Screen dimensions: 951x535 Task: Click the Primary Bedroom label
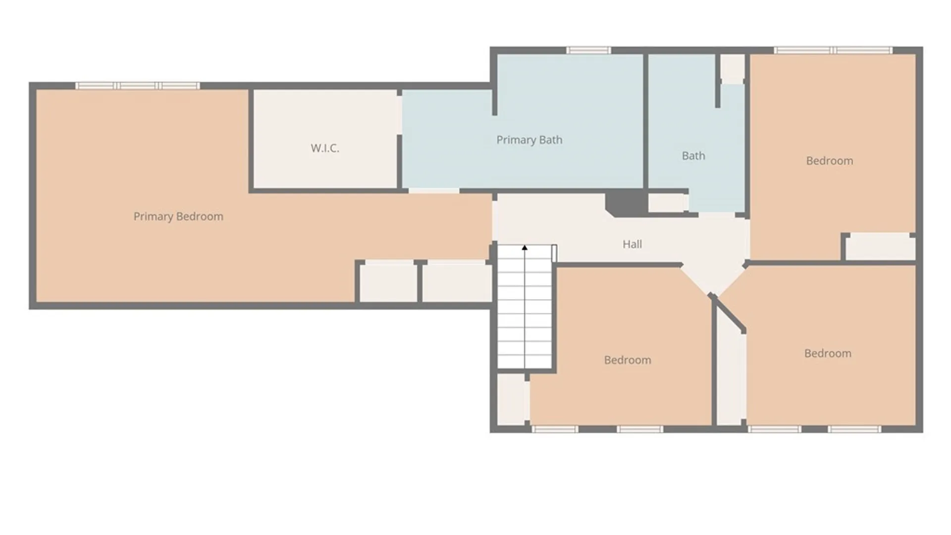tap(178, 216)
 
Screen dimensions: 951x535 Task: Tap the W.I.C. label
tap(325, 148)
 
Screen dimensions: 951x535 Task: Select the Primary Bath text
tap(529, 140)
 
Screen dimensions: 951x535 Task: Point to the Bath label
tap(693, 156)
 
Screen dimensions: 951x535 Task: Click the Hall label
tap(632, 244)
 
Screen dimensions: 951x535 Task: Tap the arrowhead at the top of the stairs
tap(525, 248)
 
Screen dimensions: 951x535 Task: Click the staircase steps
tap(525, 307)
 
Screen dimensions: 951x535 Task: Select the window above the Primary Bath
tap(588, 50)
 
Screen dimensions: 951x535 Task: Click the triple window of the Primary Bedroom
tap(138, 86)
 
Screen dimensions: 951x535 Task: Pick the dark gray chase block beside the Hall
tap(627, 203)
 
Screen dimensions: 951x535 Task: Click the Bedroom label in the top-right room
tap(830, 161)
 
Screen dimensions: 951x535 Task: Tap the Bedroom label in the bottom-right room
tap(828, 354)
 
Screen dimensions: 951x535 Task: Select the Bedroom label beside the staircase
tap(628, 360)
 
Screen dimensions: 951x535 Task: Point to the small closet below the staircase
tap(512, 399)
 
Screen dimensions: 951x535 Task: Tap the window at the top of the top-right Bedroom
tap(833, 50)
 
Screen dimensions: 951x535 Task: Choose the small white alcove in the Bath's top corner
tap(733, 68)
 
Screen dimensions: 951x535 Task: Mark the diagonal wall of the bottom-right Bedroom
tap(728, 313)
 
